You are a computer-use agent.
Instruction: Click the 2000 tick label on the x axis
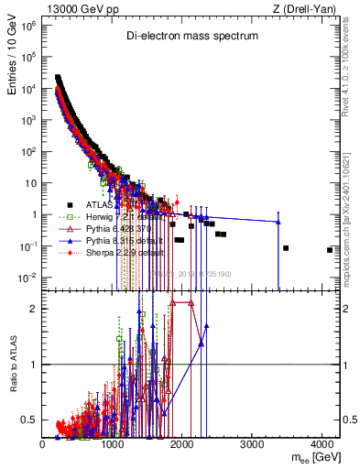point(183,444)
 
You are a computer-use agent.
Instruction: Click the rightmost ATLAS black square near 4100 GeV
point(330,250)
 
